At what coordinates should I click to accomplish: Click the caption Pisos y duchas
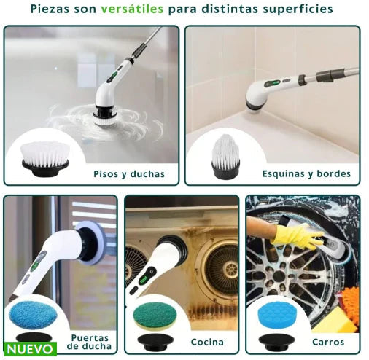129,174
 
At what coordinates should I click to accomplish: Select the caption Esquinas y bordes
306,174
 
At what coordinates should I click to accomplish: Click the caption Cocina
207,342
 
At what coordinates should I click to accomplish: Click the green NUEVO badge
29,349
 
